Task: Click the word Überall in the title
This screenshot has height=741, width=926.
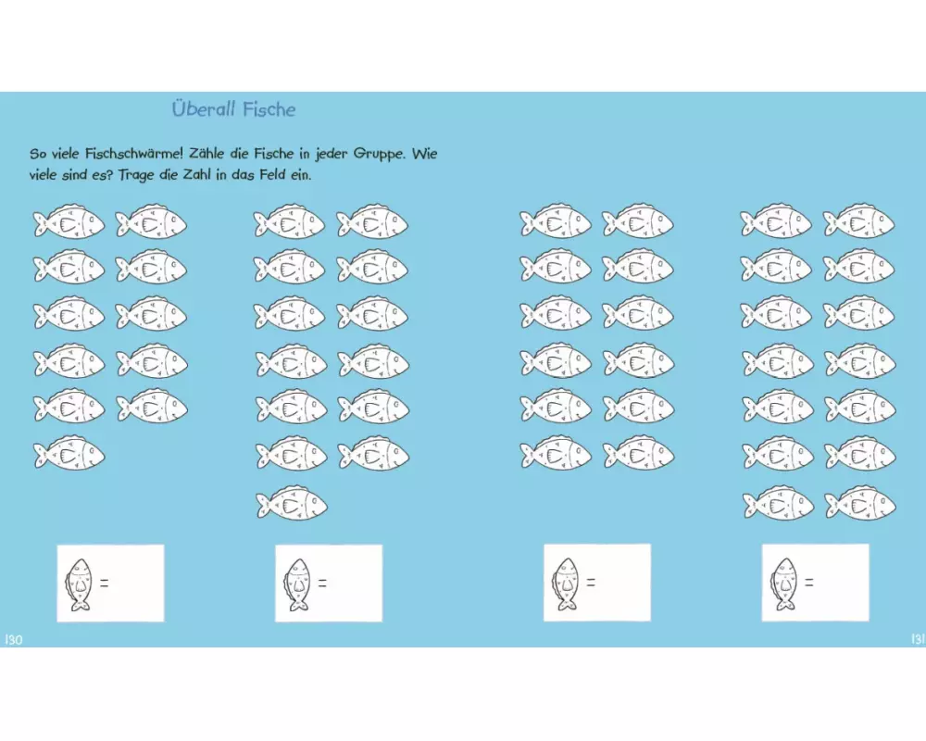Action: point(204,108)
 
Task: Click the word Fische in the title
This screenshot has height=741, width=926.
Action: point(269,109)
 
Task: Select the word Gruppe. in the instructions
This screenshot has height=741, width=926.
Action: point(380,155)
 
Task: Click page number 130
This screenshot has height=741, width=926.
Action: point(14,640)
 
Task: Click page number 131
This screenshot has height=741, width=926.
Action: point(918,639)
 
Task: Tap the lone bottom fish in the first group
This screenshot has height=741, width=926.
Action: point(69,454)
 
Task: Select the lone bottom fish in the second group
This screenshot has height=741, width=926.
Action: point(292,504)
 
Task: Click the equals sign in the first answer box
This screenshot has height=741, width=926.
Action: point(104,583)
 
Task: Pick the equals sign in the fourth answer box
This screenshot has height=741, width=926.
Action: point(809,583)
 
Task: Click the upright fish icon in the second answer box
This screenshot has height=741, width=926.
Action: point(297,584)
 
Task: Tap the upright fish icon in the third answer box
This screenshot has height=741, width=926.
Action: point(566,584)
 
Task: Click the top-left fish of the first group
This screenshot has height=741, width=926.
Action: point(69,221)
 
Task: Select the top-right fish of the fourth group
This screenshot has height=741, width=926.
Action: point(858,221)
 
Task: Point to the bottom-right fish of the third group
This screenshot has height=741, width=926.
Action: point(638,454)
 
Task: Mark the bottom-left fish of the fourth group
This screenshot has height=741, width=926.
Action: point(779,504)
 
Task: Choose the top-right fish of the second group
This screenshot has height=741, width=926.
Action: point(372,221)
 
